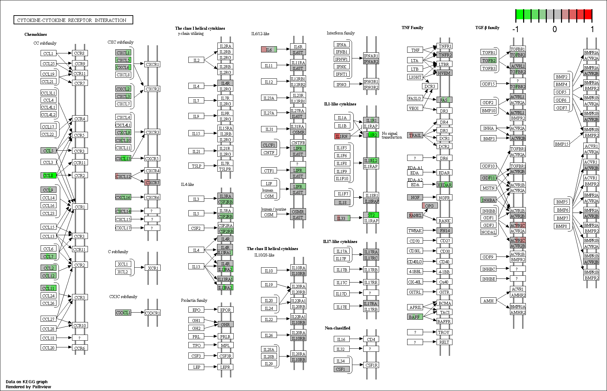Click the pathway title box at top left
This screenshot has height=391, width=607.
[73, 20]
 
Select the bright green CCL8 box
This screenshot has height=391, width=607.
[48, 175]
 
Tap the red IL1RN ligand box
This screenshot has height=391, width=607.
[342, 136]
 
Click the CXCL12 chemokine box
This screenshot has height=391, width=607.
[123, 176]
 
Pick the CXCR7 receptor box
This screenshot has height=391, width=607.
[152, 182]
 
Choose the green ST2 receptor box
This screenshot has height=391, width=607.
[371, 215]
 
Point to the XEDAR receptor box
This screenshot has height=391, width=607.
[444, 185]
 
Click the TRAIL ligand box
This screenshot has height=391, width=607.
[415, 135]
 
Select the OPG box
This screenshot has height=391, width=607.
[429, 205]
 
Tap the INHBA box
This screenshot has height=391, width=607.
[489, 200]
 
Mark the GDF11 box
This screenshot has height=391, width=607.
[489, 178]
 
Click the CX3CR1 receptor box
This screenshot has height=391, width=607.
[153, 313]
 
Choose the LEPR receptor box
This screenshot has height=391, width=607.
[225, 367]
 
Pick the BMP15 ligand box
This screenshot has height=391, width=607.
[562, 144]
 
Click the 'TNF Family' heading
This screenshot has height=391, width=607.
[413, 28]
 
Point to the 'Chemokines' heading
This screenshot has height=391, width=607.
[36, 34]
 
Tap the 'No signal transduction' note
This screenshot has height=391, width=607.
[392, 135]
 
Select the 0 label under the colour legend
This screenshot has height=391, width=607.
[555, 29]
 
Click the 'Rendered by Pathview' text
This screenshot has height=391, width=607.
[28, 387]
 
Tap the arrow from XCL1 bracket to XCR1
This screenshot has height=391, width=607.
[140, 268]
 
